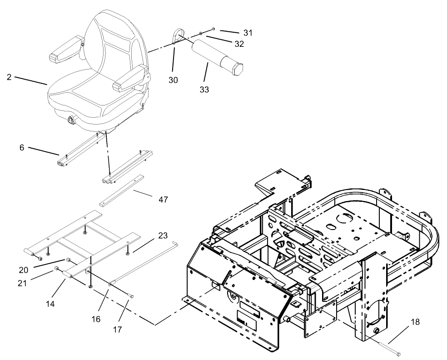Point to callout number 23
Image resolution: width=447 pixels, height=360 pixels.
click(163, 235)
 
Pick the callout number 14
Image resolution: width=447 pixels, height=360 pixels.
click(50, 303)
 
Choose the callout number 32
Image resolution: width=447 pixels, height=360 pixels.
click(239, 44)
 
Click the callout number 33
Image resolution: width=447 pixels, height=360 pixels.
click(204, 89)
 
